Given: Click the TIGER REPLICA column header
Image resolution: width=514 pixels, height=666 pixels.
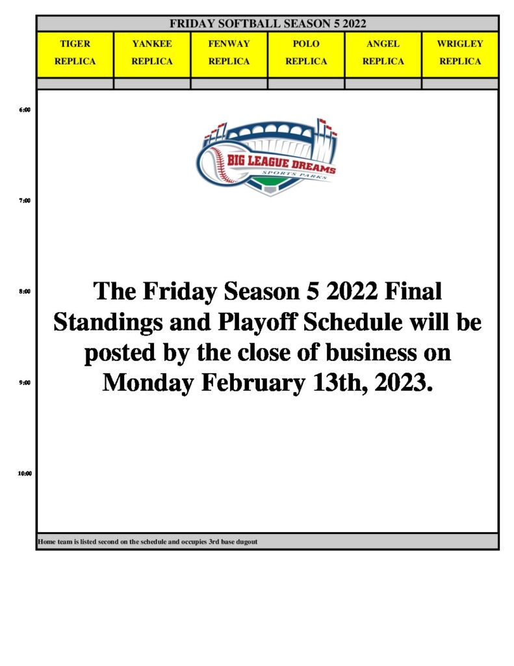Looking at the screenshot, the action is pyautogui.click(x=75, y=55).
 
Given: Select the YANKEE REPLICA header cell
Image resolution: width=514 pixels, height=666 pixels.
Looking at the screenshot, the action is pyautogui.click(x=152, y=55).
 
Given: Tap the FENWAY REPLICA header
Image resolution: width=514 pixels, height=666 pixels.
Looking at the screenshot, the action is pyautogui.click(x=229, y=55).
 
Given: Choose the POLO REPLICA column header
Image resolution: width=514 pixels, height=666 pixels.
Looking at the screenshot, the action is pyautogui.click(x=306, y=55).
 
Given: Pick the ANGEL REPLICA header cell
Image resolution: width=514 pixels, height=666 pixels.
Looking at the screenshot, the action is pyautogui.click(x=383, y=55).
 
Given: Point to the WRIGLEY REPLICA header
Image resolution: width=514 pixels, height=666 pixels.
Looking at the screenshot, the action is pyautogui.click(x=460, y=55).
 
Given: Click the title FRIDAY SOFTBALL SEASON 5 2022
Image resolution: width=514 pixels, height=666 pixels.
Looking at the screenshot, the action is pyautogui.click(x=268, y=24).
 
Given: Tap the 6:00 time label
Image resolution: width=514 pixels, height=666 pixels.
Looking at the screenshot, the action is pyautogui.click(x=25, y=110).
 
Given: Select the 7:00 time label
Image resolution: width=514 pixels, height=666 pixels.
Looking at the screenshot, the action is pyautogui.click(x=25, y=201).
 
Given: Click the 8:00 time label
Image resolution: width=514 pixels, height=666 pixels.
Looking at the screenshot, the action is pyautogui.click(x=25, y=292).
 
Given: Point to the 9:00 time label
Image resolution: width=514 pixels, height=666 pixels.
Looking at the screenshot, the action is pyautogui.click(x=25, y=382).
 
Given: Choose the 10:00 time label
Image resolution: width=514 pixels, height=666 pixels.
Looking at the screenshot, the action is pyautogui.click(x=25, y=473).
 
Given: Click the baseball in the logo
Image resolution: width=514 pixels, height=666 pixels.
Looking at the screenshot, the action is pyautogui.click(x=216, y=165).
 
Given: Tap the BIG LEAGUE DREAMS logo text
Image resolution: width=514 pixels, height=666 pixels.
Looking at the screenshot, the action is pyautogui.click(x=281, y=163).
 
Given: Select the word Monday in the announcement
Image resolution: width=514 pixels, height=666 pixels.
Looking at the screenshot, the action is pyautogui.click(x=148, y=384).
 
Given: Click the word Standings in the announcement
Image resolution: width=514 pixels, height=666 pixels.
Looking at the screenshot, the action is pyautogui.click(x=108, y=323).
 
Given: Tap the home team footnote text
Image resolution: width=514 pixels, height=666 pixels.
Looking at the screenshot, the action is pyautogui.click(x=148, y=542).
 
